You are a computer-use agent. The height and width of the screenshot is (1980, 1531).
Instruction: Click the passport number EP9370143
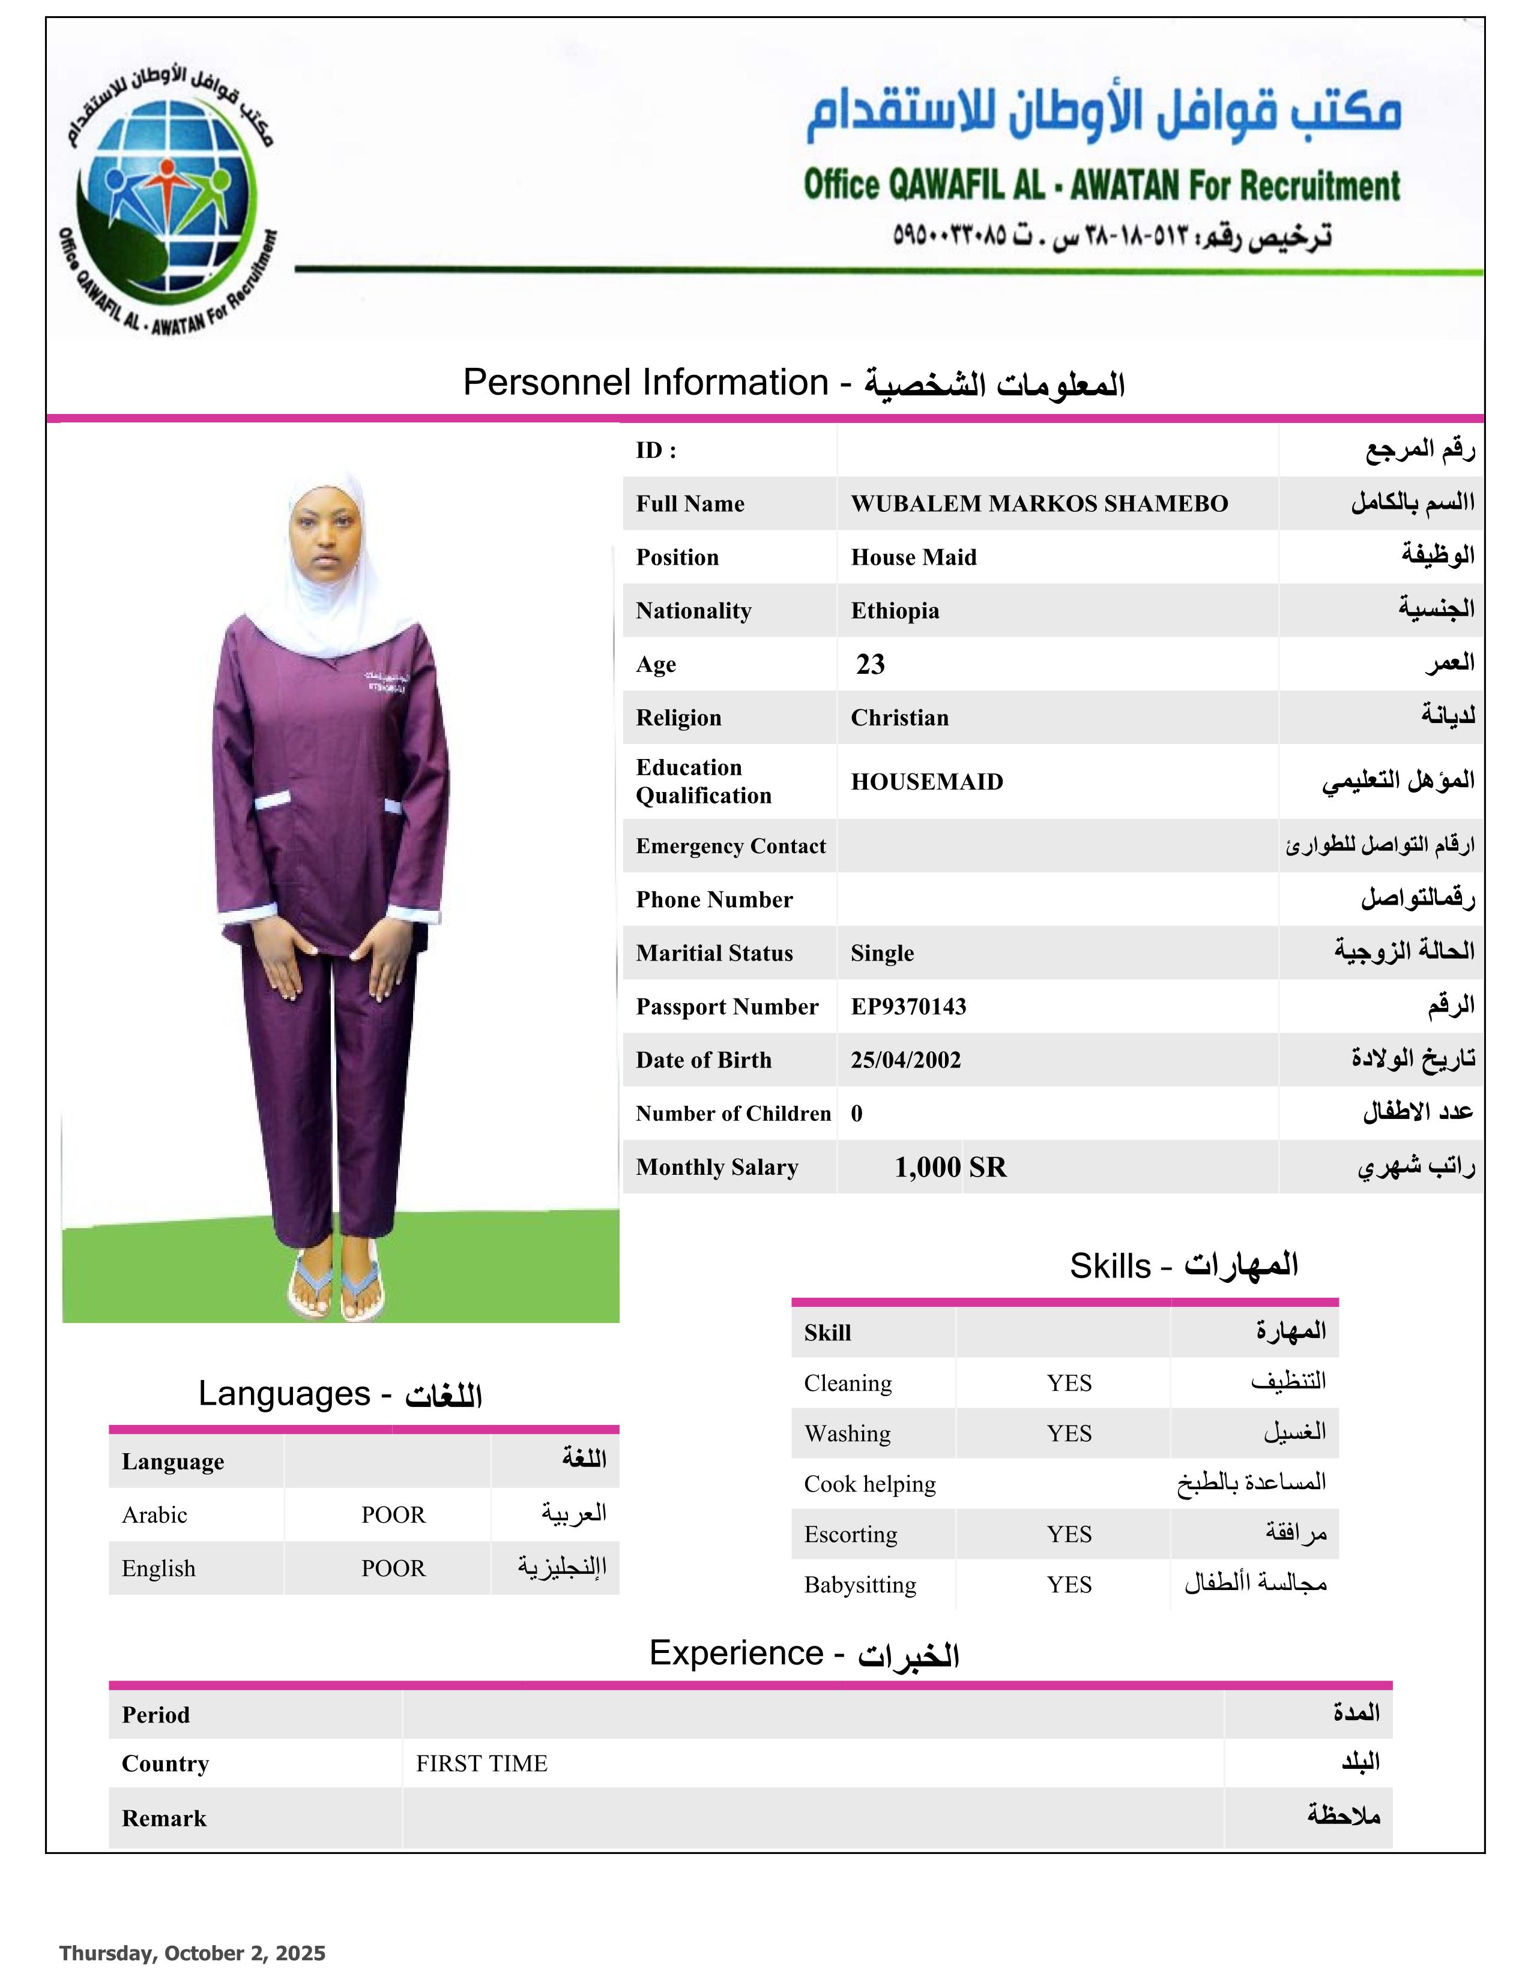[x=908, y=1006]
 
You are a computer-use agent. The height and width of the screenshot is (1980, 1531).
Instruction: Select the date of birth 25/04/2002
[x=905, y=1060]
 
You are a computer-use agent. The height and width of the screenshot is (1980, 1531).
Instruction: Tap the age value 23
[x=870, y=665]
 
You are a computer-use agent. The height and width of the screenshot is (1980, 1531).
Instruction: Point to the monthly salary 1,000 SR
[x=950, y=1167]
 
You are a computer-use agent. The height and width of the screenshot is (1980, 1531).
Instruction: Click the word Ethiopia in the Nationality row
[x=895, y=611]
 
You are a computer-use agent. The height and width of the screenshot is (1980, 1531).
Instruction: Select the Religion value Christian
[x=899, y=718]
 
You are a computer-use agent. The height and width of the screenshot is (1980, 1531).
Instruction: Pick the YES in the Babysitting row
[x=1069, y=1585]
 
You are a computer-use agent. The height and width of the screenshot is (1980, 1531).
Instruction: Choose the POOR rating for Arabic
[x=393, y=1515]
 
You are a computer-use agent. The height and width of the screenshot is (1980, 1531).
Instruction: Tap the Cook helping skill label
[x=869, y=1484]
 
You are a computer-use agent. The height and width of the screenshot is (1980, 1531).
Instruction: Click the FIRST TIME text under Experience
[x=482, y=1763]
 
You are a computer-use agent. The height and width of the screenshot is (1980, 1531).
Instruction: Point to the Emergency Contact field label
[x=730, y=846]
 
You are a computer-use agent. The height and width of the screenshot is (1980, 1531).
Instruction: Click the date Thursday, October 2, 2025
[x=192, y=1953]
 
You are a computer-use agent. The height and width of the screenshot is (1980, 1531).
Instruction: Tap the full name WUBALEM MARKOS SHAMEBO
[x=1039, y=504]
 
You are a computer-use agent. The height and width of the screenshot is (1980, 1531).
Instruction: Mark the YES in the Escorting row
[x=1069, y=1534]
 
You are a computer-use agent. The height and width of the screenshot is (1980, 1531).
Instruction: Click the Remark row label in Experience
[x=164, y=1818]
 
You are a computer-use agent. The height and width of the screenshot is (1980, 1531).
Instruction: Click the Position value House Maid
[x=913, y=557]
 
